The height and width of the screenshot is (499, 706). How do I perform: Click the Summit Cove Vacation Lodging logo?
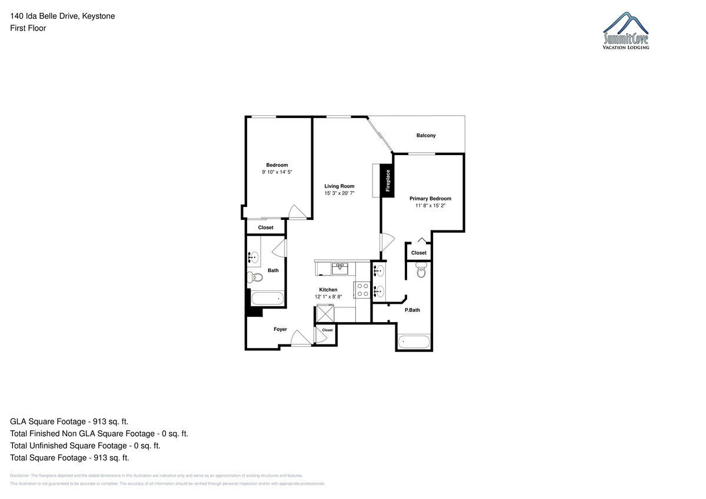click(625, 31)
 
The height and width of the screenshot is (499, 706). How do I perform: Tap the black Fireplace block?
click(387, 180)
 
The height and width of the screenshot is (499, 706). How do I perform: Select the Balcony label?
click(426, 135)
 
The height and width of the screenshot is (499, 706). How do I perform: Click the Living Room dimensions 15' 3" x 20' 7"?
click(339, 193)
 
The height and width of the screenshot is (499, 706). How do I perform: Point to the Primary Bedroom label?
click(430, 199)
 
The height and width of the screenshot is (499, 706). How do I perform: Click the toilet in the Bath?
click(255, 277)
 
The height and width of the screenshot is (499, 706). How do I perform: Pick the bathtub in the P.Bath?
click(414, 342)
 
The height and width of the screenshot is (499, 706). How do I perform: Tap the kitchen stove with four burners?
click(362, 290)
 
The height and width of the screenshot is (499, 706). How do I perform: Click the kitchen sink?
click(340, 269)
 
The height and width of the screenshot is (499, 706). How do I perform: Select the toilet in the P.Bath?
click(421, 270)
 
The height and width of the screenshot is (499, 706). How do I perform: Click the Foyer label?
click(280, 329)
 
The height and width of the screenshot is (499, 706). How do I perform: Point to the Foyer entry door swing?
click(301, 338)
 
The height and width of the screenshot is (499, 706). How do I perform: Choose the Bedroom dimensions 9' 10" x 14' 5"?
click(277, 172)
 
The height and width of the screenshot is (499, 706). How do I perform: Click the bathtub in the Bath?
click(268, 299)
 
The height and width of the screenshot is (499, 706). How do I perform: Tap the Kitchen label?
click(328, 290)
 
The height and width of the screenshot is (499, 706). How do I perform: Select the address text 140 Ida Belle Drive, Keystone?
click(62, 16)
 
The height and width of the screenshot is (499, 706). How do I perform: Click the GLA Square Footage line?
click(69, 421)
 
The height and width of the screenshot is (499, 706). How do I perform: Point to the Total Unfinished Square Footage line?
click(85, 446)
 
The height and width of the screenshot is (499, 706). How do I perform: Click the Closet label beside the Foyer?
click(327, 330)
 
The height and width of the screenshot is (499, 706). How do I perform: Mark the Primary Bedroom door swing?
click(387, 242)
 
